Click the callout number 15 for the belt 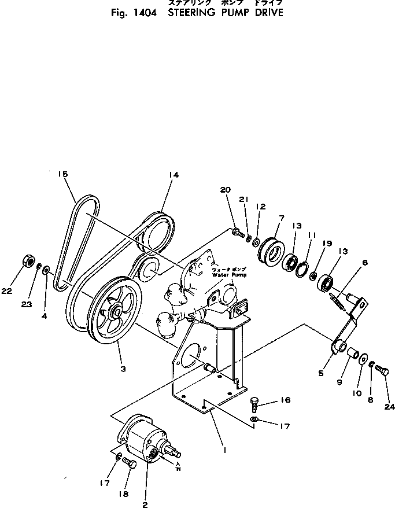pos(63,174)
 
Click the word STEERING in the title pos(191,12)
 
